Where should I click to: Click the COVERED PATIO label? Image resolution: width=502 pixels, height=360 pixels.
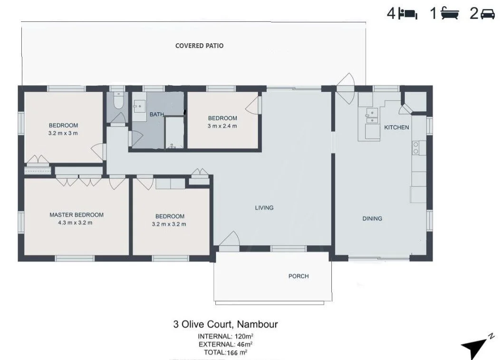(199, 46)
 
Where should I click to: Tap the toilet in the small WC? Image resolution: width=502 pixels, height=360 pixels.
(118, 99)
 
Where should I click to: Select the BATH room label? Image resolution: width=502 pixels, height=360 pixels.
(156, 114)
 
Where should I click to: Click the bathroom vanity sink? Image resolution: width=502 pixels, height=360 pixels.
(139, 106)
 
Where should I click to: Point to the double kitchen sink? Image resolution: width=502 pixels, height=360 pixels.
(372, 117)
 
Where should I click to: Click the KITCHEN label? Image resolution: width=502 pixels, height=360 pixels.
(396, 127)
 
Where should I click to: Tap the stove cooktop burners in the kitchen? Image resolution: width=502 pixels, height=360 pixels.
(415, 147)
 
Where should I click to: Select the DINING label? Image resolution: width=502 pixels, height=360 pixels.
(372, 219)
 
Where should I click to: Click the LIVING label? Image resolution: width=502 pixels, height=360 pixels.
(264, 208)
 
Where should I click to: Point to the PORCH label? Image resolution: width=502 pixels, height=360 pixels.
(299, 276)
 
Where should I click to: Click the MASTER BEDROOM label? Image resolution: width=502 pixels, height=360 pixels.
(76, 215)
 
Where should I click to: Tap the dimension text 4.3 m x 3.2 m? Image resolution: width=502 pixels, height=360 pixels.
(75, 223)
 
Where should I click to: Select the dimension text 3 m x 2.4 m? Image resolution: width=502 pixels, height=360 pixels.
(222, 126)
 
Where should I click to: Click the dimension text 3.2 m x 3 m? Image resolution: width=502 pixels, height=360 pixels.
(63, 133)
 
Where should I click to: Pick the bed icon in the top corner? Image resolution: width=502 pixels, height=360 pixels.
(408, 14)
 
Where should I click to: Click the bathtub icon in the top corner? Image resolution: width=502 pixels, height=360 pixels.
(450, 14)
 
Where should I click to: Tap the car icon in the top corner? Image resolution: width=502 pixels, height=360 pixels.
(488, 14)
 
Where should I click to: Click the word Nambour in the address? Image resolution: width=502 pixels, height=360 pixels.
(257, 324)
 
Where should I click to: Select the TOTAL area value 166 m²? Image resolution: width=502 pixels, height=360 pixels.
(237, 353)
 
